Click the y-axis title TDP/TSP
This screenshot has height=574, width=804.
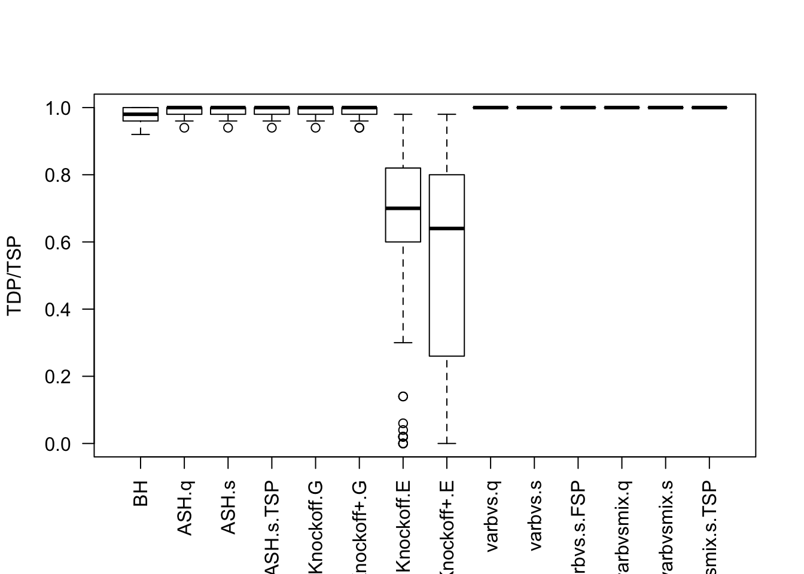coord(14,276)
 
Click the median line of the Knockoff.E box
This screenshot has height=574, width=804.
coord(403,208)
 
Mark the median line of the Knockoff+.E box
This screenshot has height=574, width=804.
coord(447,228)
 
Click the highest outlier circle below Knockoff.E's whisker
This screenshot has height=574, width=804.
coord(403,396)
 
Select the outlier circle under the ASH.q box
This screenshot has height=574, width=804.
coord(184,127)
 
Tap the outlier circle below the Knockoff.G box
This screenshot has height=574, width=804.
coord(315,127)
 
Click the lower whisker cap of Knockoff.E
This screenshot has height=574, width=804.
coord(403,343)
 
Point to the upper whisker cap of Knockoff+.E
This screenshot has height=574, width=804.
coord(447,114)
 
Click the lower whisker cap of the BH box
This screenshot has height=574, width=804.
coord(141,135)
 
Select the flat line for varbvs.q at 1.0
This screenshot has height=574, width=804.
coord(491,108)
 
